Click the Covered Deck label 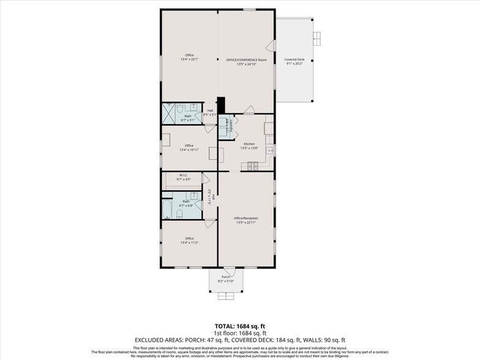point(294,60)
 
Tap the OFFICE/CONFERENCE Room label point(247,60)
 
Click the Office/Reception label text point(246,218)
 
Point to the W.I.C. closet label point(184,176)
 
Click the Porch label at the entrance point(226,277)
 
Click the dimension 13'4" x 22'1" point(189,59)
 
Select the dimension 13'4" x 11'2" point(189,243)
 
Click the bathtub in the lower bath point(167,208)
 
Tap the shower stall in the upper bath point(169,114)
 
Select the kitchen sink point(269,149)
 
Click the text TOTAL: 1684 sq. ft point(239,326)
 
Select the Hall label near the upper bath point(210,111)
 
